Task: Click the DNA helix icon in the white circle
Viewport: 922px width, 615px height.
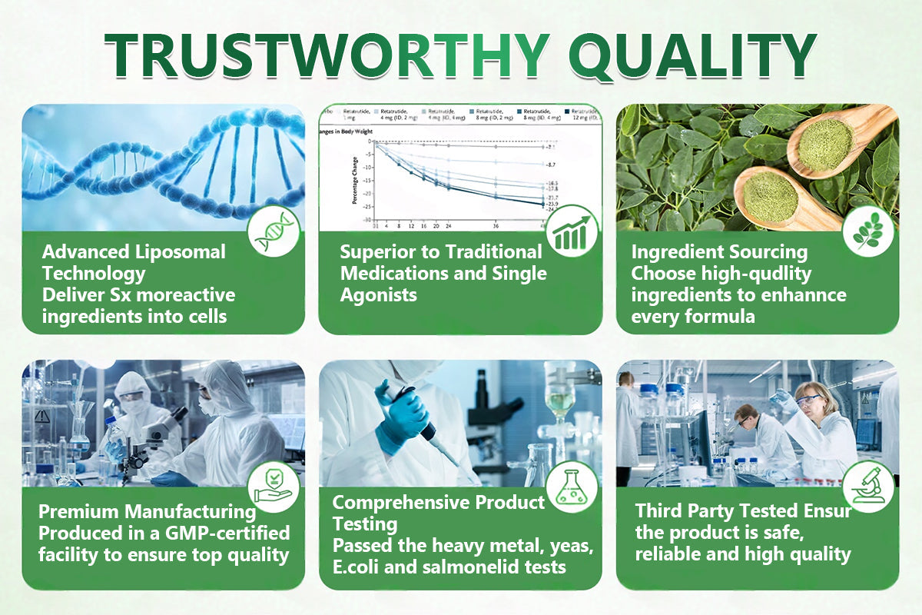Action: point(274,231)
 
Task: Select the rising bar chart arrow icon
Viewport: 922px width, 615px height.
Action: point(572,231)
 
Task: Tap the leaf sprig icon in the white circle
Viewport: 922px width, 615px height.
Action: point(867,231)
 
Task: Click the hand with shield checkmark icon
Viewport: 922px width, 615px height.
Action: point(274,486)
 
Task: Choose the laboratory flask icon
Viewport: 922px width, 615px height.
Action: point(572,486)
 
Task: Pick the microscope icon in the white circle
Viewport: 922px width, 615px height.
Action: point(867,486)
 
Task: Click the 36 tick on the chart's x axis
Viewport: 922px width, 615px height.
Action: point(496,227)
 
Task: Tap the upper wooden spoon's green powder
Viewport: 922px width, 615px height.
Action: point(825,142)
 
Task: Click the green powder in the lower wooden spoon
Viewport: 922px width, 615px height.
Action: point(770,195)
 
